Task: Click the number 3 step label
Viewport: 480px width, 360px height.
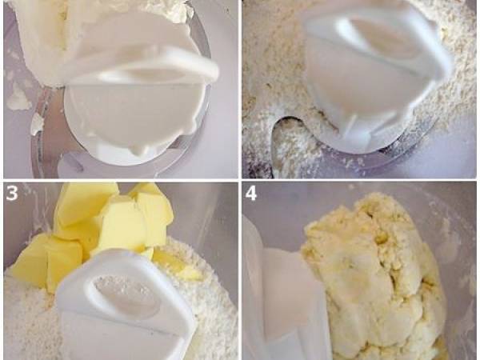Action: pos(12,194)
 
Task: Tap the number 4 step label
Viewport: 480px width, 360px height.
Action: pos(250,194)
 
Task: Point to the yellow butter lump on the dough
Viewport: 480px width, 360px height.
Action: pos(381,237)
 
